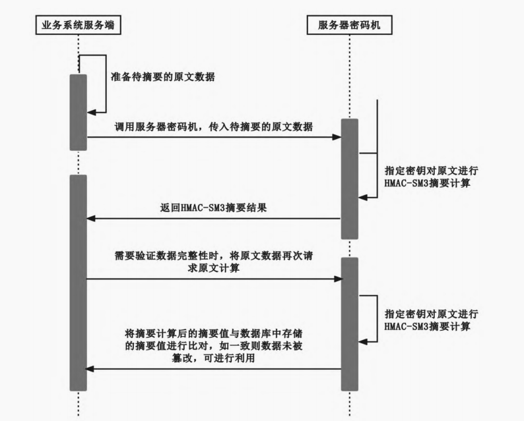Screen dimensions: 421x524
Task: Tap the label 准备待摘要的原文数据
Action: (162, 77)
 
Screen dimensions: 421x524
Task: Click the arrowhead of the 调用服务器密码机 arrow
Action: (337, 137)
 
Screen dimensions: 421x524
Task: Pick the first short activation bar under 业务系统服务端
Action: (78, 112)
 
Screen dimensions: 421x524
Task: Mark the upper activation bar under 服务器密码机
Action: (349, 179)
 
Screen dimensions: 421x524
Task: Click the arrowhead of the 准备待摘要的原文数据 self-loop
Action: (91, 113)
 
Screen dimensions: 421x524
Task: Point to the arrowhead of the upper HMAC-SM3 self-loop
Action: (362, 196)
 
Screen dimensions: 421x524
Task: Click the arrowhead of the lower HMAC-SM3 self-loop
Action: (362, 341)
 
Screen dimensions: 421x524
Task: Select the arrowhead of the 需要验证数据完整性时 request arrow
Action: (337, 279)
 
